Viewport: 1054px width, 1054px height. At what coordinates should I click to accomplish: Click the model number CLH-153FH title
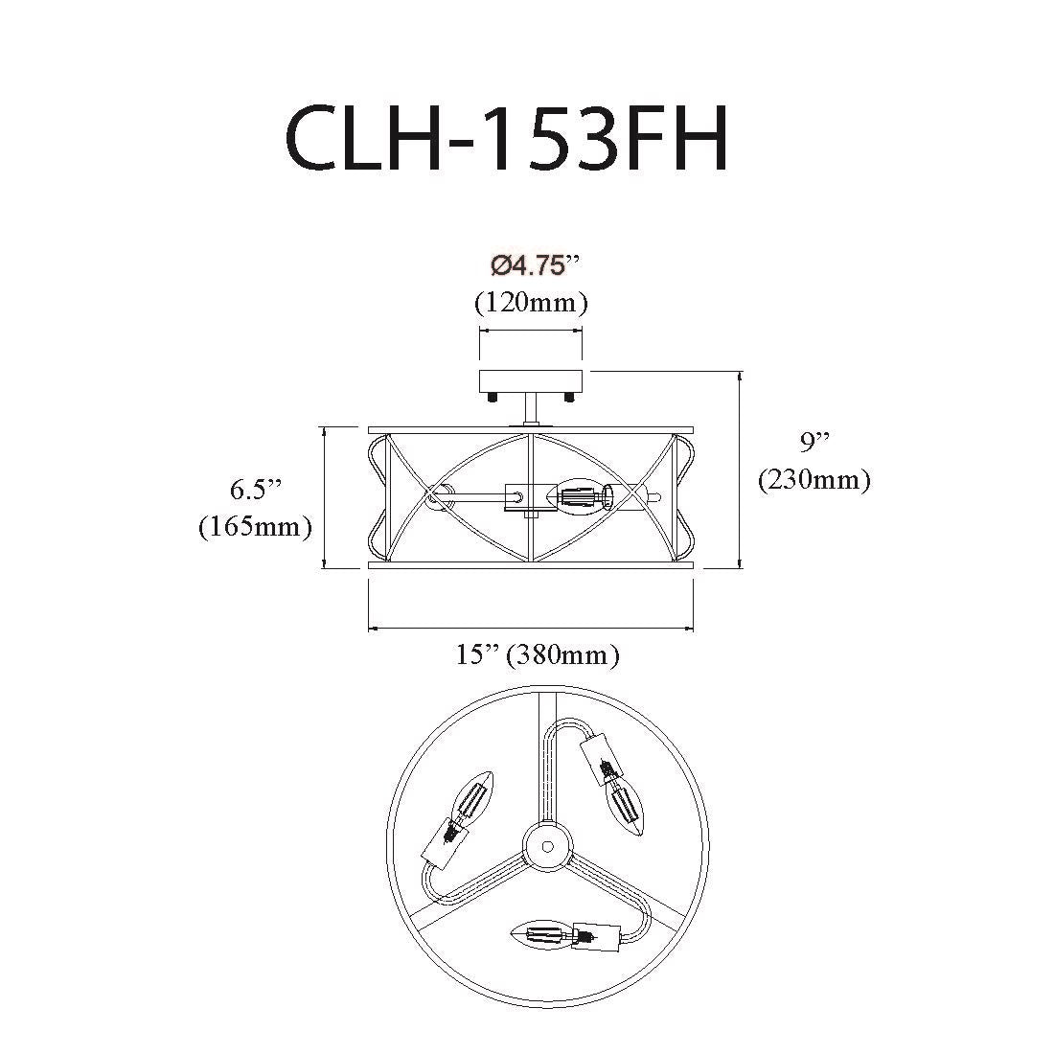[x=507, y=140]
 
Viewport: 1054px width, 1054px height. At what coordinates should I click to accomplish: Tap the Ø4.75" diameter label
[x=535, y=266]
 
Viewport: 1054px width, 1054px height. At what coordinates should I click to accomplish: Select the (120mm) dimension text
[x=531, y=303]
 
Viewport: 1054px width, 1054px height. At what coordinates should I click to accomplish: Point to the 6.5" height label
[x=256, y=489]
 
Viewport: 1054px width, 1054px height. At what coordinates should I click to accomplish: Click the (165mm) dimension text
[x=256, y=526]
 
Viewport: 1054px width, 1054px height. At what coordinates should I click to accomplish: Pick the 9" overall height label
[x=814, y=442]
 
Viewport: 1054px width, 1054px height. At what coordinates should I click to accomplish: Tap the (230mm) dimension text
[x=814, y=480]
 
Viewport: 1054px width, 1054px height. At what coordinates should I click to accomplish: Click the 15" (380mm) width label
[x=538, y=654]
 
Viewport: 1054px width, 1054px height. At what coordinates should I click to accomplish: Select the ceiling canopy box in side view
[x=531, y=381]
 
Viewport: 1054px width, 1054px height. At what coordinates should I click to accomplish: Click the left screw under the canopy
[x=493, y=398]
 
